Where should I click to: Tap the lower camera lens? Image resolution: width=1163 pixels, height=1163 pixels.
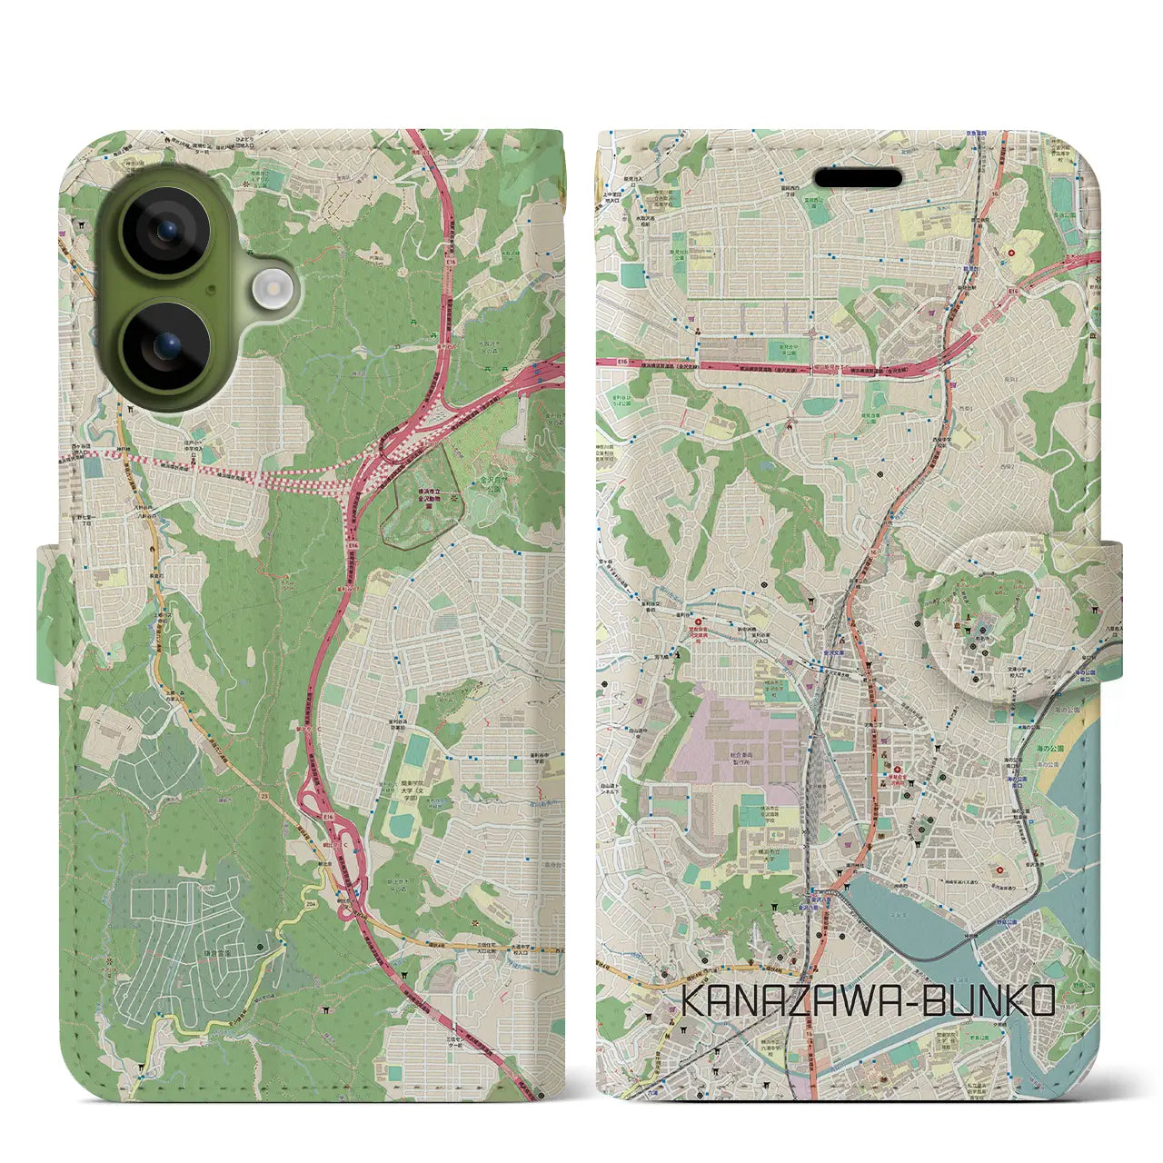pyautogui.click(x=165, y=345)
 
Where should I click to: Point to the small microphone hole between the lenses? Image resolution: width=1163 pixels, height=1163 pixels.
pyautogui.click(x=211, y=290)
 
